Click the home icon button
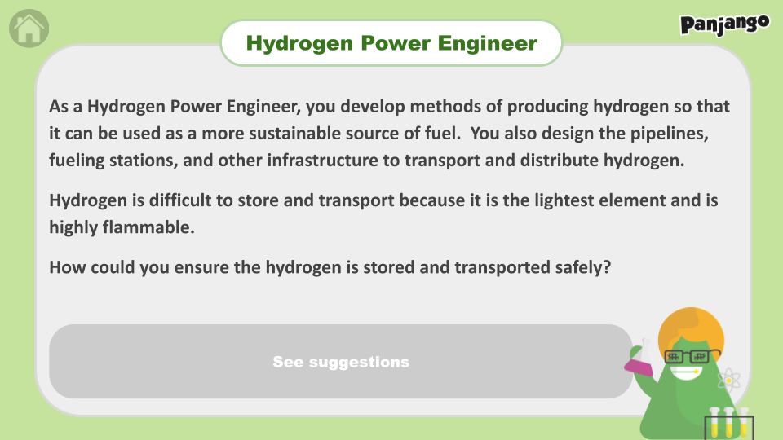(x=29, y=29)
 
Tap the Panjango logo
(x=724, y=25)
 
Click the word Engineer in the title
(x=488, y=43)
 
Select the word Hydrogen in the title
(x=299, y=44)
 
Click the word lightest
(x=564, y=200)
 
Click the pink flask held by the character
(x=639, y=359)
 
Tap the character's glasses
(x=692, y=356)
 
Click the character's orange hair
(x=691, y=330)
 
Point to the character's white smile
(x=686, y=372)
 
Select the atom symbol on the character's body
(x=728, y=381)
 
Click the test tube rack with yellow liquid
(x=729, y=424)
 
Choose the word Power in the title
(x=396, y=43)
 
